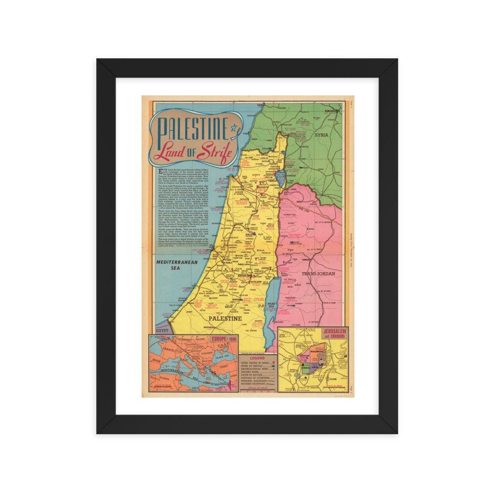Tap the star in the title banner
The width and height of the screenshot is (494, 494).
[x=235, y=129]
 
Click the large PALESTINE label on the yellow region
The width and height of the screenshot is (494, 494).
[x=225, y=319]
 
